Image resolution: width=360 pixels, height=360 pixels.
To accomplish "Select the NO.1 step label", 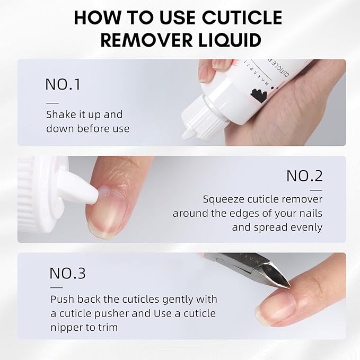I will (x=63, y=84).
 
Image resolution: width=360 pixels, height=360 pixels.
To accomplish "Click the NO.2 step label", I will (x=304, y=175).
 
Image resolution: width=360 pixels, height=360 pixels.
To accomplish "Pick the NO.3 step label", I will (x=67, y=273).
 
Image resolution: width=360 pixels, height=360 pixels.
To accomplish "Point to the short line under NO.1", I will (x=52, y=102).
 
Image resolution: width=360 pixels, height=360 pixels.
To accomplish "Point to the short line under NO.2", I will (x=316, y=189).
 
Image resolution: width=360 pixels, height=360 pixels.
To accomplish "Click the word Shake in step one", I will (x=60, y=115).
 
